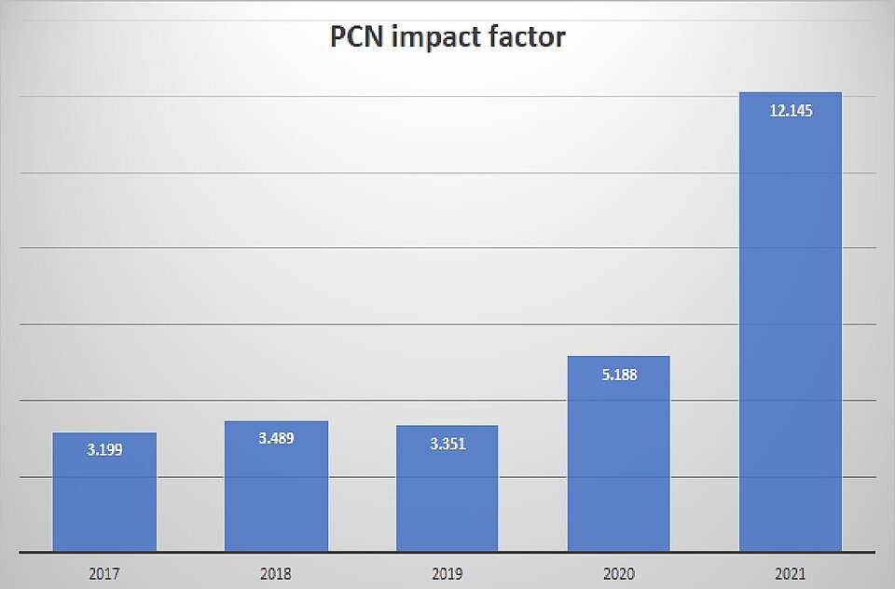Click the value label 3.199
coord(104,449)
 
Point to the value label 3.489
coord(276,438)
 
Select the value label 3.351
coord(447,444)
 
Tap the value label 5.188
coord(619,375)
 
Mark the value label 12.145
coord(791,111)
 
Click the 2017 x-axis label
coord(104,573)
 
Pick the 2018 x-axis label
coord(276,573)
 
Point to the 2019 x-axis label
coord(447,573)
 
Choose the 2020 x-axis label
coord(619,573)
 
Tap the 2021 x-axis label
coord(791,573)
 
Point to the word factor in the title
coord(530,38)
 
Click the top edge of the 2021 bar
coord(791,93)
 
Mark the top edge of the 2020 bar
coord(619,357)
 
